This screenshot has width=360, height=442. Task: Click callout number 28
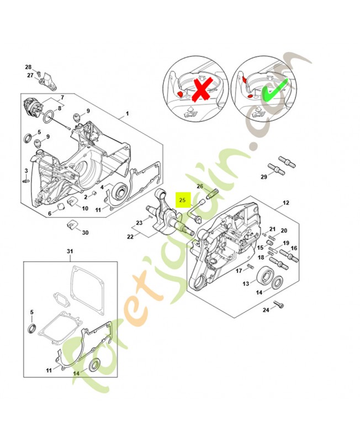[28, 67]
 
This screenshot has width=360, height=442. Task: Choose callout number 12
[285, 203]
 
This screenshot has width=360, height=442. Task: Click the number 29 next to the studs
[264, 177]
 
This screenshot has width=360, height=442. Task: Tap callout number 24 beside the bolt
[266, 310]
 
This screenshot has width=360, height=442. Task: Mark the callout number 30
[85, 233]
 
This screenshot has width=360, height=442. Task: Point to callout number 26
[200, 186]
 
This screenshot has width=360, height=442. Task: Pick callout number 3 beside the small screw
[26, 170]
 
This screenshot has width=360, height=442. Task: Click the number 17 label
[239, 270]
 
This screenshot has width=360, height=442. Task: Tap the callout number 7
[62, 97]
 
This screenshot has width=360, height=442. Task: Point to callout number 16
[294, 248]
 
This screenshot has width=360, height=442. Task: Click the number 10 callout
[85, 208]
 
